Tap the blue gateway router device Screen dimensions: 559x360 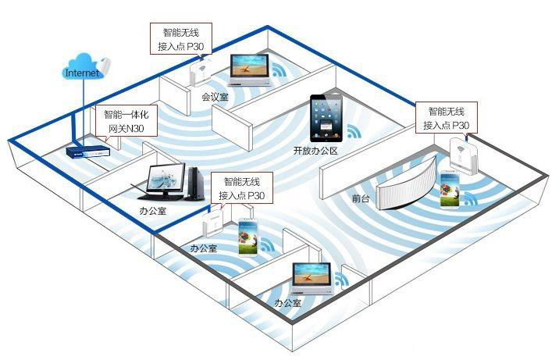click(x=88, y=151)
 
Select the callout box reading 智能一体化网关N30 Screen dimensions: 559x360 click(x=126, y=121)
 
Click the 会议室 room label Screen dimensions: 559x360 click(x=215, y=97)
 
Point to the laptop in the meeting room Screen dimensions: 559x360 click(x=250, y=70)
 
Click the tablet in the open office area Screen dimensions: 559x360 click(x=326, y=119)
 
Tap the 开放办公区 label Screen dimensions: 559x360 click(x=315, y=151)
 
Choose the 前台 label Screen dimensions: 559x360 click(x=361, y=198)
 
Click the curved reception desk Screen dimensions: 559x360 click(x=407, y=184)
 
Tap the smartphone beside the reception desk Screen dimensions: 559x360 click(x=449, y=190)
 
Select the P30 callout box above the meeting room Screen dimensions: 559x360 click(x=181, y=39)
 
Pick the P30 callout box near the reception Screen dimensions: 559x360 click(x=447, y=118)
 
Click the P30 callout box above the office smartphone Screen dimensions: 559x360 click(x=242, y=188)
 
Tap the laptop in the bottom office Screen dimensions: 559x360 click(x=312, y=279)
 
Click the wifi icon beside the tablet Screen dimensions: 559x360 click(x=354, y=131)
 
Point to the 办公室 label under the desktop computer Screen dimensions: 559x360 click(x=153, y=211)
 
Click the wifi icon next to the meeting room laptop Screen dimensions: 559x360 click(x=279, y=70)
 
